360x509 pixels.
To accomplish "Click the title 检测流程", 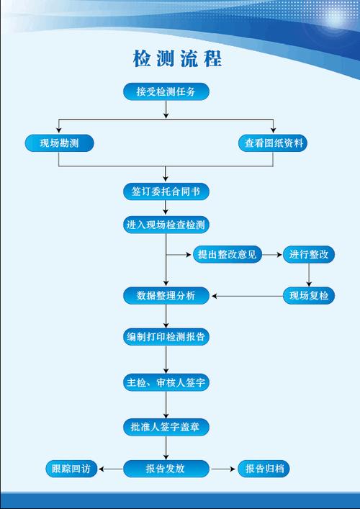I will tap(177, 58).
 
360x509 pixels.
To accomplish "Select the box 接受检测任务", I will tap(166, 91).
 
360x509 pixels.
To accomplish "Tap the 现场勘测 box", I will tap(59, 143).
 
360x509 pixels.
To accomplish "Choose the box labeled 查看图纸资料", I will tap(273, 143).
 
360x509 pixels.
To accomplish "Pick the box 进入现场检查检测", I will tap(166, 225).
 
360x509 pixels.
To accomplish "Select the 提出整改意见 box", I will tap(227, 254).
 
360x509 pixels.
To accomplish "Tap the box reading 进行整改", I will tap(309, 254).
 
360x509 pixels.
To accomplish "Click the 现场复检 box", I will tap(309, 295).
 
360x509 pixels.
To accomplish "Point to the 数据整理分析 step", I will tap(166, 295).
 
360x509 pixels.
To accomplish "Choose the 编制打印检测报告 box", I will tap(166, 337).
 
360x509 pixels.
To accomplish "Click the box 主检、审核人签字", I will tap(166, 382).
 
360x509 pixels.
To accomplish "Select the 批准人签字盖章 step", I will tap(166, 427).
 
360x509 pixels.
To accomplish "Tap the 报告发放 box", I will tap(166, 469).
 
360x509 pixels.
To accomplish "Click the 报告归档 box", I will tap(264, 469).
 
